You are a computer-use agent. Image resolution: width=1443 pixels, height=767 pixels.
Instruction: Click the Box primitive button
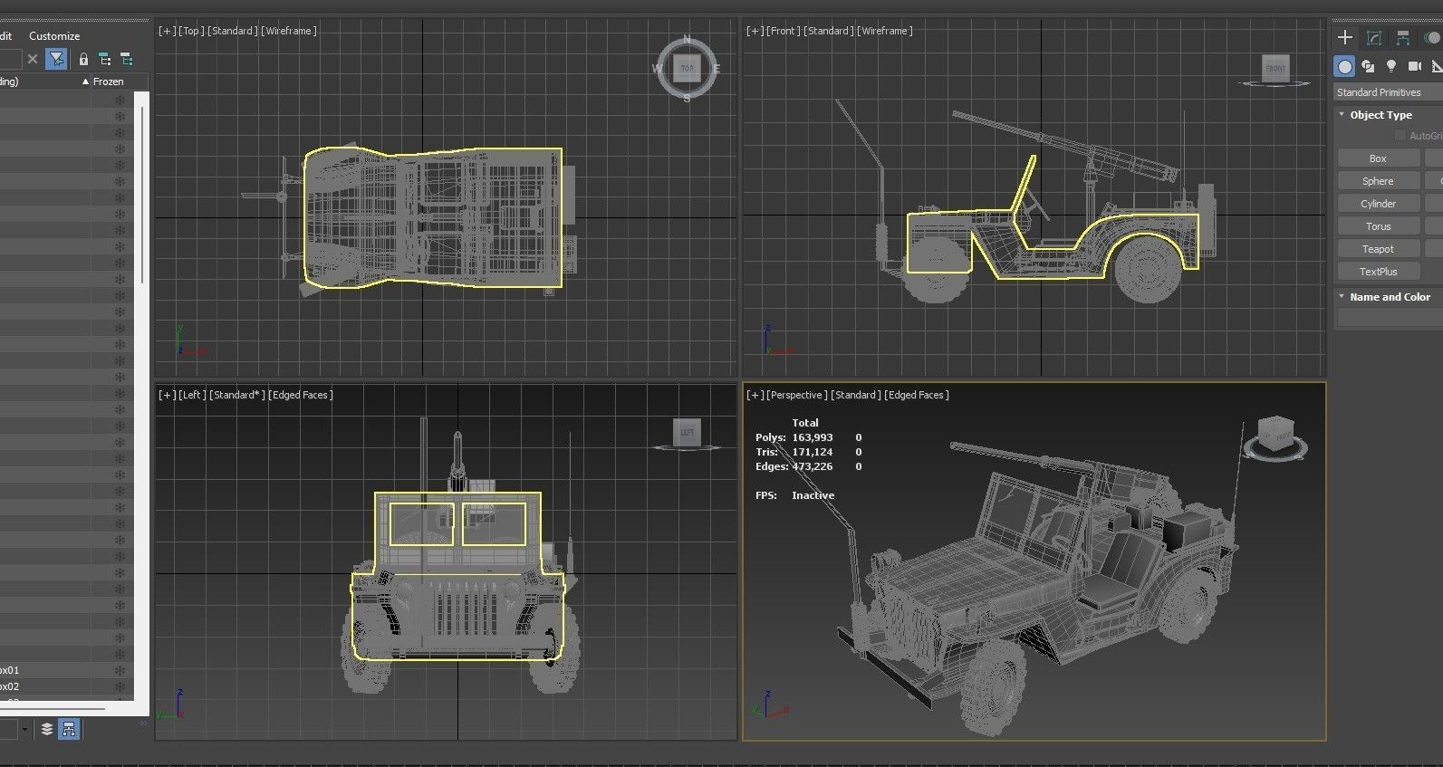[1378, 158]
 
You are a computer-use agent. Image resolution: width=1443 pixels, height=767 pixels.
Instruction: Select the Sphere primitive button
[1378, 181]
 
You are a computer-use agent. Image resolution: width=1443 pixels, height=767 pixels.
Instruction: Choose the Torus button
[1378, 226]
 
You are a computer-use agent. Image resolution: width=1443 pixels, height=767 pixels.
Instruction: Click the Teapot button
[1378, 249]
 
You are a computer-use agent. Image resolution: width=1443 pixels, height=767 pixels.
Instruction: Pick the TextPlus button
[1378, 272]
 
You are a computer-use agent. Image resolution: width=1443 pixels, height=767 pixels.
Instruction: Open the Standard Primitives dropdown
[1386, 92]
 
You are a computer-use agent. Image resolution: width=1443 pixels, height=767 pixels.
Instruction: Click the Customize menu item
[54, 36]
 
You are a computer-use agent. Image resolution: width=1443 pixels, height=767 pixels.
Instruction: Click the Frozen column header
[108, 81]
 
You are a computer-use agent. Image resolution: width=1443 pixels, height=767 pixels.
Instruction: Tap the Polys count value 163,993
[812, 437]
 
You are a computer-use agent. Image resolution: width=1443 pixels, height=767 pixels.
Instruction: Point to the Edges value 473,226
[812, 466]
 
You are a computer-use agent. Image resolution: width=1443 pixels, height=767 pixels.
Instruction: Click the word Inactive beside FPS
[813, 495]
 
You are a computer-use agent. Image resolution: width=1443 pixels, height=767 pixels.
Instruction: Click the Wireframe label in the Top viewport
[289, 31]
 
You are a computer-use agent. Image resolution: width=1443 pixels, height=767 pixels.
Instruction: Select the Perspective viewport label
[796, 395]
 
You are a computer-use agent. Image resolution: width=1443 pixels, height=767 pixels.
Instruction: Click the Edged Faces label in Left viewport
[301, 395]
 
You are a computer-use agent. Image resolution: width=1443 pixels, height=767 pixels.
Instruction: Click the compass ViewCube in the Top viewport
[687, 68]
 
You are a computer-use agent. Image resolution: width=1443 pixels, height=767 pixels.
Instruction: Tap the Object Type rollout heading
[1380, 115]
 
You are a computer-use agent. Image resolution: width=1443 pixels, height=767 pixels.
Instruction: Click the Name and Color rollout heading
[1390, 297]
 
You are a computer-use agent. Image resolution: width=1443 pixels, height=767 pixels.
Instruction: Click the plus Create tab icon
[1345, 37]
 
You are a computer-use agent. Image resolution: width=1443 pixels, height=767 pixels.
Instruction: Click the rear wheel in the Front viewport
[1148, 270]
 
